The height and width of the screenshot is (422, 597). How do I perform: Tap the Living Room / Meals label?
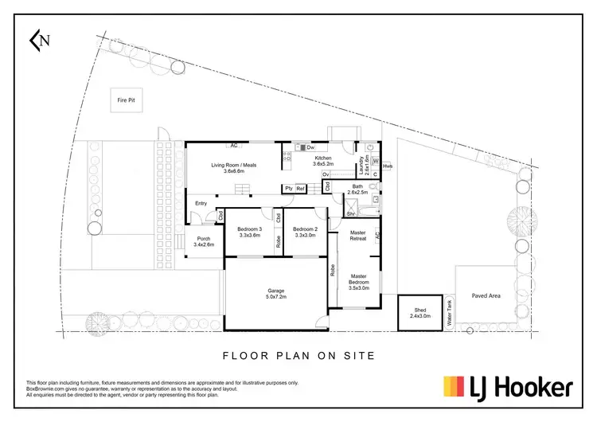(234, 167)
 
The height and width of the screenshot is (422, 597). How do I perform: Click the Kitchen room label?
(322, 161)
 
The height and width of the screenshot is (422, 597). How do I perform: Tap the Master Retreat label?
(357, 236)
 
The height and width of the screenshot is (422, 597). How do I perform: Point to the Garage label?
(275, 293)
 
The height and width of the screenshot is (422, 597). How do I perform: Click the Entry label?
(201, 203)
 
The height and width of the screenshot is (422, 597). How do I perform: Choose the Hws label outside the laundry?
(388, 166)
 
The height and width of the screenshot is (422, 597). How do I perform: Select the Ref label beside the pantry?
(300, 188)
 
